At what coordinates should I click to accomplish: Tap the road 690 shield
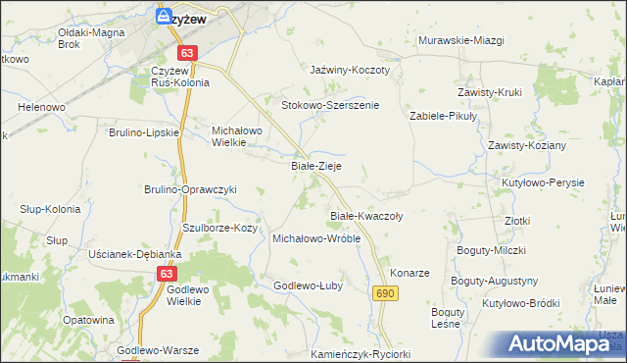click(384, 293)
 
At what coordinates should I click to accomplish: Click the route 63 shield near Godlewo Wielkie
click(167, 275)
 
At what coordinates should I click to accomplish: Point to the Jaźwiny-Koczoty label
click(350, 71)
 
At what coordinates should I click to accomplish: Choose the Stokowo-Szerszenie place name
click(330, 105)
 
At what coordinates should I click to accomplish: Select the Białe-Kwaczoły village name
click(365, 215)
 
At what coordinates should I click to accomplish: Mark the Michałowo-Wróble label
click(316, 238)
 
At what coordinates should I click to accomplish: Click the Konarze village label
click(410, 272)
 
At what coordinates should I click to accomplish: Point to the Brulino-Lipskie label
click(144, 131)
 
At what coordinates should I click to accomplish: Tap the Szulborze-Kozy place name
click(220, 228)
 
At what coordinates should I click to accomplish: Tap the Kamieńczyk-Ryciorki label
click(360, 354)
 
